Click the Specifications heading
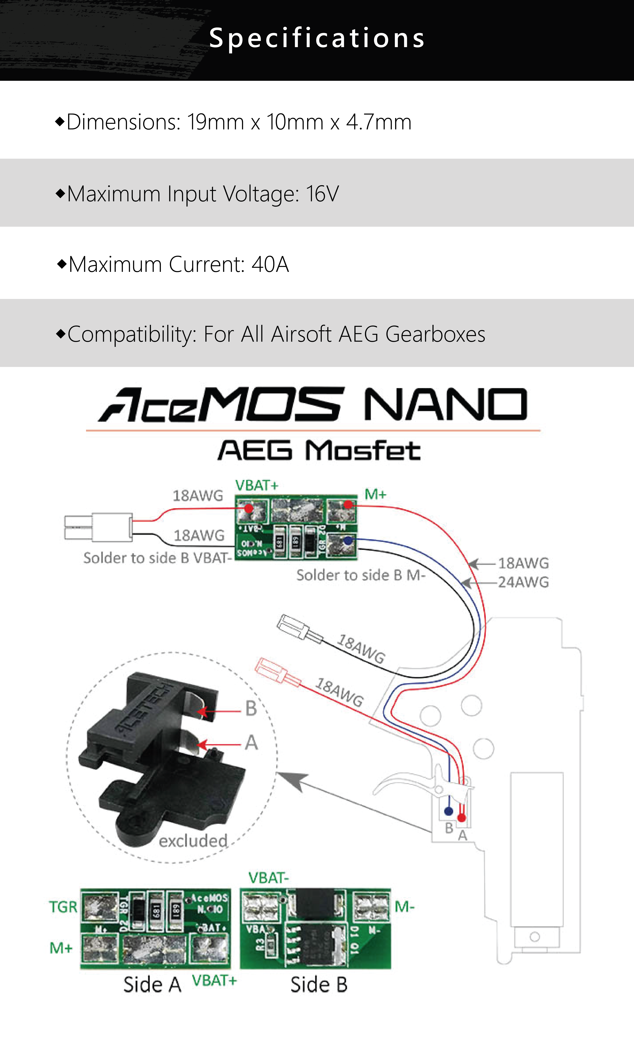317,38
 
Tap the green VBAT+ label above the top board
256,485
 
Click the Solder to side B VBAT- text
157,558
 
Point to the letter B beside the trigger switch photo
251,708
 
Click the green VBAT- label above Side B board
268,878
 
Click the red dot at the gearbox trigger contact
461,817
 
